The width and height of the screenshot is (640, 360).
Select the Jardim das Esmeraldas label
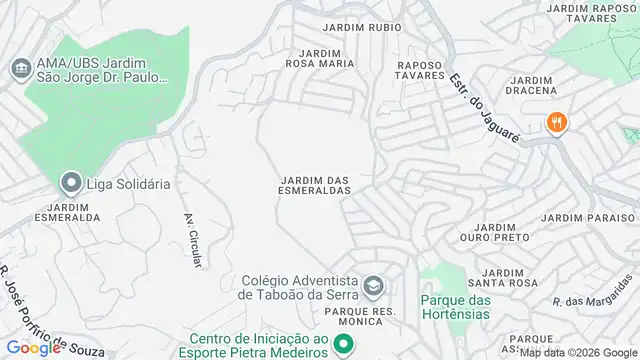315,185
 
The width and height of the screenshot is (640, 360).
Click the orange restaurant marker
557,123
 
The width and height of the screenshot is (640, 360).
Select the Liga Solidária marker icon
70,183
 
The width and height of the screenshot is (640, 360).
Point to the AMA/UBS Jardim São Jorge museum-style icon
20,70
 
